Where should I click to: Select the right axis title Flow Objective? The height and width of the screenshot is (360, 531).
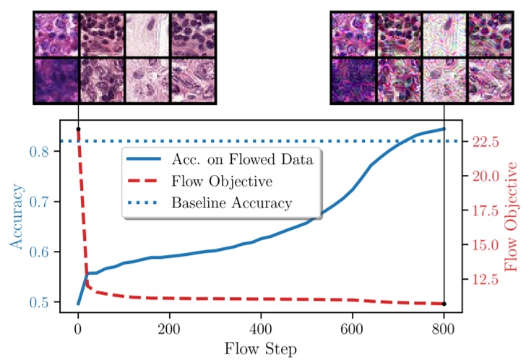pos(512,217)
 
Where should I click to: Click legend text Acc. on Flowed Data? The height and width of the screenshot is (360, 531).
pos(242,160)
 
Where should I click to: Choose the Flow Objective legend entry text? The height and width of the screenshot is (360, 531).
pos(217,181)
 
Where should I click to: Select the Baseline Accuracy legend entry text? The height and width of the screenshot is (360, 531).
pos(231,202)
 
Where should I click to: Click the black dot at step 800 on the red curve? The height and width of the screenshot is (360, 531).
pos(444,304)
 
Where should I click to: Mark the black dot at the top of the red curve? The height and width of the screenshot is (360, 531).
pos(77,129)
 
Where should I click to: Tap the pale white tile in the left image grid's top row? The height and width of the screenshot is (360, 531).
pos(147,34)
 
